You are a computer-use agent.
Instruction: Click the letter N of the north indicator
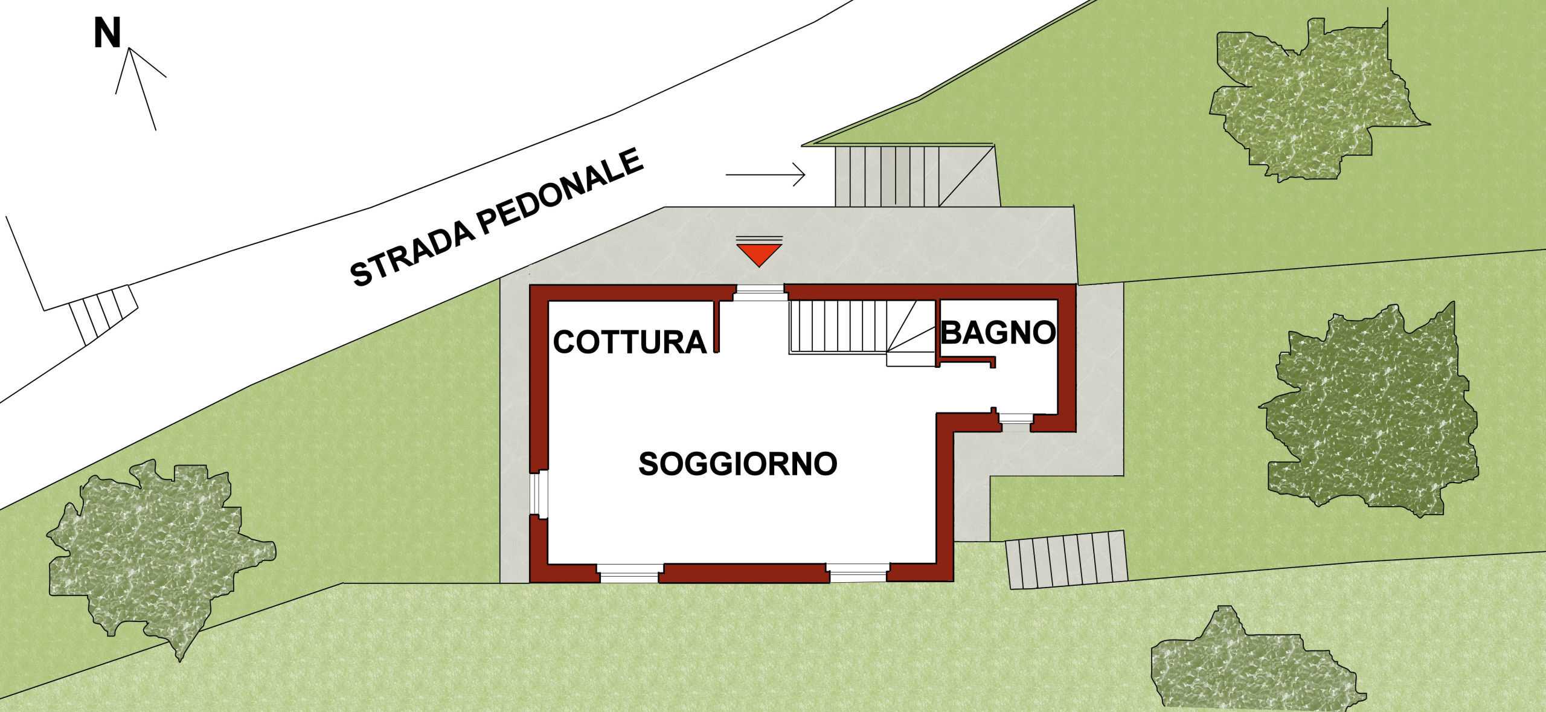click(x=107, y=34)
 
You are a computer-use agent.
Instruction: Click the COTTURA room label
click(x=630, y=342)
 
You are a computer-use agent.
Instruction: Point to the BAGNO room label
click(x=998, y=332)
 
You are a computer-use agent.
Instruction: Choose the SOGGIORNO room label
click(x=738, y=464)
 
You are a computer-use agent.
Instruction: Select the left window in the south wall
click(x=629, y=572)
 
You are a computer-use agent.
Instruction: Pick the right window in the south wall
click(x=858, y=572)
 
